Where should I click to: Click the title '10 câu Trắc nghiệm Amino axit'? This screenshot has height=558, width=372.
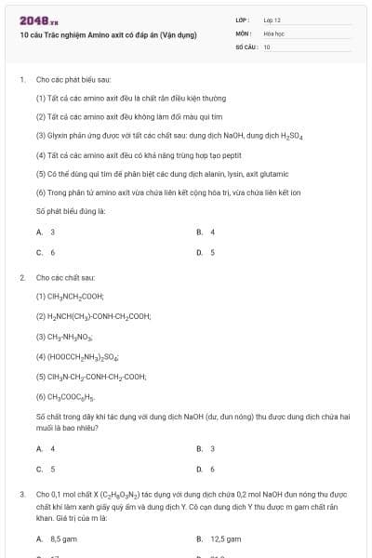click(x=108, y=35)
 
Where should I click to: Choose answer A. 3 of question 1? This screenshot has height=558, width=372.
click(x=46, y=232)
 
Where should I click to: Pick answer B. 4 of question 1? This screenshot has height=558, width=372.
click(x=206, y=232)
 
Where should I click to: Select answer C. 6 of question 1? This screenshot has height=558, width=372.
click(x=46, y=252)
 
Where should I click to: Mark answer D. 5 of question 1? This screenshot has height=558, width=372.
click(x=206, y=252)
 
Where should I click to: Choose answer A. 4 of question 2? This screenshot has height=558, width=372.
click(x=46, y=448)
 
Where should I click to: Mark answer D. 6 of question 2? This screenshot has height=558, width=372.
click(x=206, y=469)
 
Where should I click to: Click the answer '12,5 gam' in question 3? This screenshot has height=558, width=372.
click(x=219, y=538)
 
